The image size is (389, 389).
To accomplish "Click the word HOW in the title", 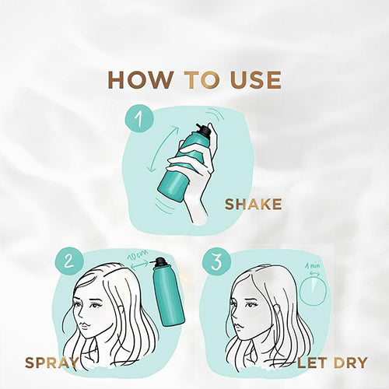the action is pyautogui.click(x=141, y=80).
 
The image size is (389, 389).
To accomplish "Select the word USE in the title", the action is pyautogui.click(x=255, y=80).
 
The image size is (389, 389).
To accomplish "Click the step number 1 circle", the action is pyautogui.click(x=139, y=118).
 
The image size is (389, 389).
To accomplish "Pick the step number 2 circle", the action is pyautogui.click(x=69, y=261).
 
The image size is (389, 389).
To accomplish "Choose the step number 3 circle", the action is pyautogui.click(x=216, y=261).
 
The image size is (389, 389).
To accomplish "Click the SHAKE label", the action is pyautogui.click(x=253, y=205).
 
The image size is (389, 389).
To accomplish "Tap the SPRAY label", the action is pyautogui.click(x=51, y=363).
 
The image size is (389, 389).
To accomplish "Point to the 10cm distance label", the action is pyautogui.click(x=138, y=255).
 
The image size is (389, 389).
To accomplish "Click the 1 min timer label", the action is pyautogui.click(x=312, y=266).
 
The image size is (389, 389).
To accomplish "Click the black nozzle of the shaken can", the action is pyautogui.click(x=204, y=129).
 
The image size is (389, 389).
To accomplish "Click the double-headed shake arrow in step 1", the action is pyautogui.click(x=163, y=149).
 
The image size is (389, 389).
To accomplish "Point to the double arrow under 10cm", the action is pyautogui.click(x=139, y=265).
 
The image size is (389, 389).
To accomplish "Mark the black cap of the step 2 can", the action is pyautogui.click(x=160, y=262).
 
